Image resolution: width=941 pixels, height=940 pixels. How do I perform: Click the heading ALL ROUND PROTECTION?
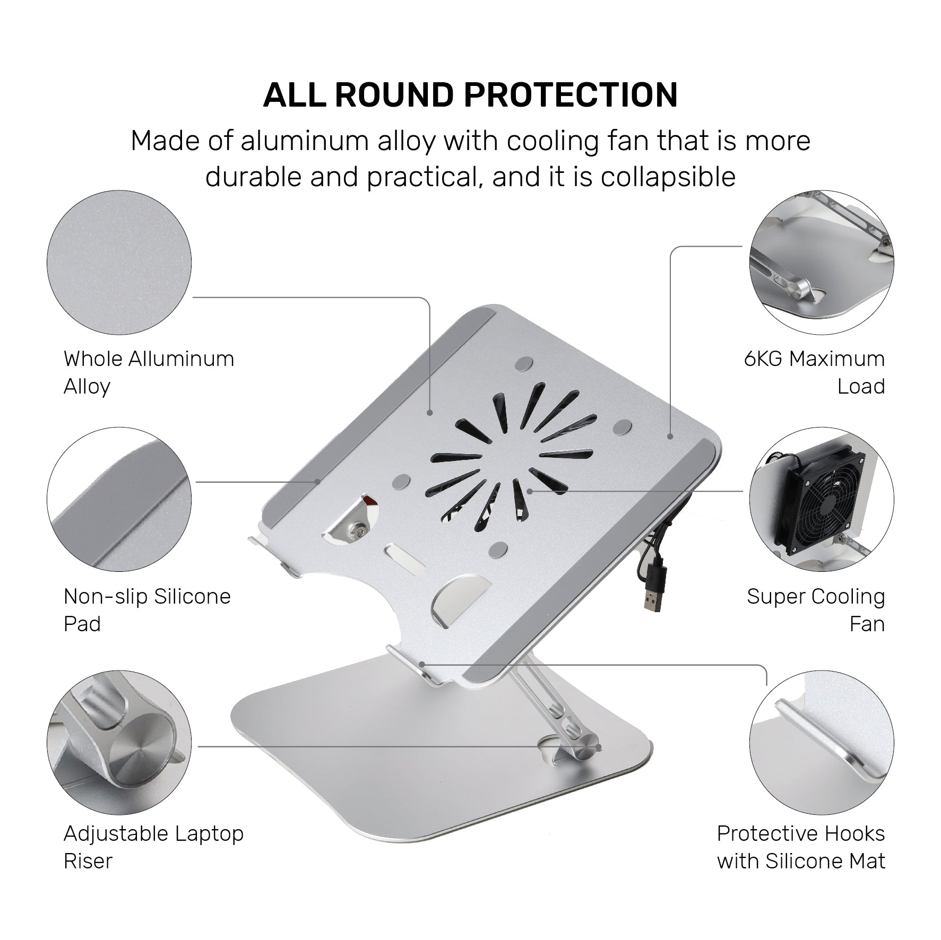pos(470,95)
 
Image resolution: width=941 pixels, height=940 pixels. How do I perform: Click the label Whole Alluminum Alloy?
pos(149,372)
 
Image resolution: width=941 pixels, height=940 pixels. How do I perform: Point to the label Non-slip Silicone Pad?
pos(147,610)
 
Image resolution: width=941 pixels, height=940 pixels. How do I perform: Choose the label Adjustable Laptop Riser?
pos(153,847)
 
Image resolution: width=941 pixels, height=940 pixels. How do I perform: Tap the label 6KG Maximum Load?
pos(814,372)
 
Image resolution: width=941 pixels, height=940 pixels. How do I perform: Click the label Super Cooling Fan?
pos(816,610)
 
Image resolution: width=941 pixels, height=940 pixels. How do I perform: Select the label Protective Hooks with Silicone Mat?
pos(801,847)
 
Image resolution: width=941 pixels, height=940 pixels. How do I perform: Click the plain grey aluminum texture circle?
pos(119,263)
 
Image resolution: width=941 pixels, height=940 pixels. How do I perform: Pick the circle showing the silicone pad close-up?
pos(119,500)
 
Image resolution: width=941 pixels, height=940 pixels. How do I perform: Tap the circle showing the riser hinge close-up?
pos(119,742)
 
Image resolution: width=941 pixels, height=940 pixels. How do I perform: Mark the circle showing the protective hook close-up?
pos(822,742)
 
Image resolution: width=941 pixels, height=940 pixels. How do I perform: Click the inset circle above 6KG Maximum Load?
pos(822,263)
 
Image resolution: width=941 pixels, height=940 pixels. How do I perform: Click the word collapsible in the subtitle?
pos(668,177)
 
